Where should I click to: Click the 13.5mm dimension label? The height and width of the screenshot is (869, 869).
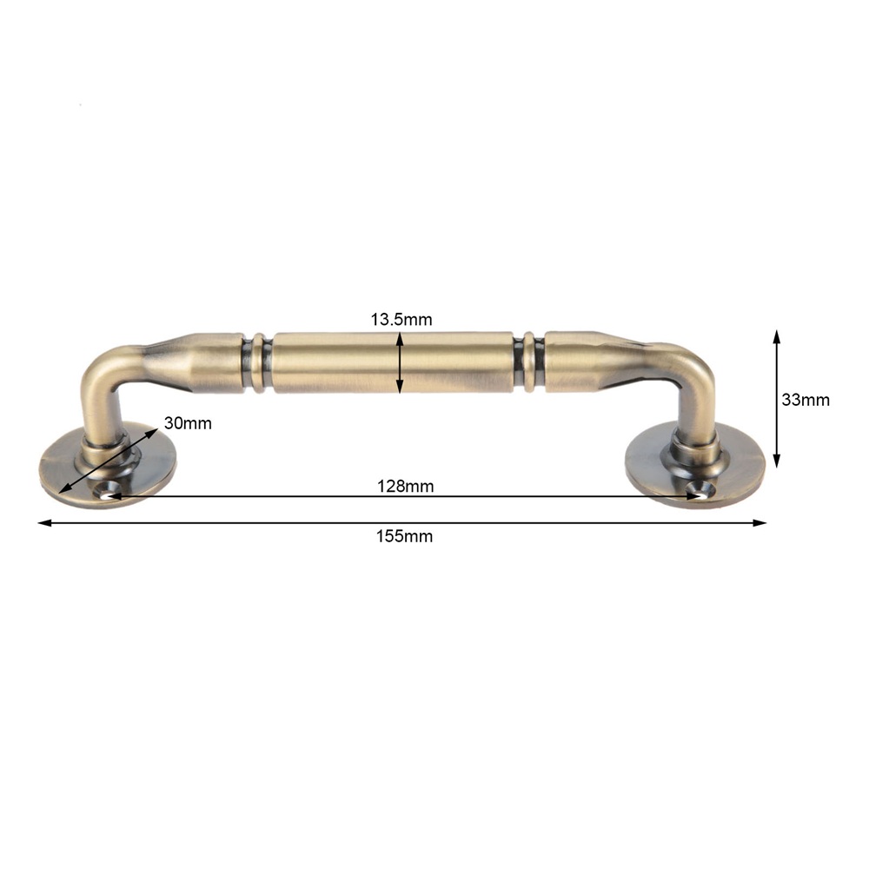pyautogui.click(x=401, y=320)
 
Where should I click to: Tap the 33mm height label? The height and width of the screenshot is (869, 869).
pyautogui.click(x=806, y=400)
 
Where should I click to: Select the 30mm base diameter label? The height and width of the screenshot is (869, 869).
pyautogui.click(x=188, y=423)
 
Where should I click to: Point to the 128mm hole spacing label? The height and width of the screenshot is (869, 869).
pyautogui.click(x=406, y=486)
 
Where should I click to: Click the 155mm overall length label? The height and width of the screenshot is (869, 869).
pyautogui.click(x=405, y=536)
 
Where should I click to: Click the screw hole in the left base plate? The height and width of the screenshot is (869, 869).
pyautogui.click(x=108, y=492)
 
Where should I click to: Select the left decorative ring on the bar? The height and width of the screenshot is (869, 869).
pyautogui.click(x=258, y=362)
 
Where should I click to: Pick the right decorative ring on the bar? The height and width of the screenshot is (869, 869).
pyautogui.click(x=529, y=362)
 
